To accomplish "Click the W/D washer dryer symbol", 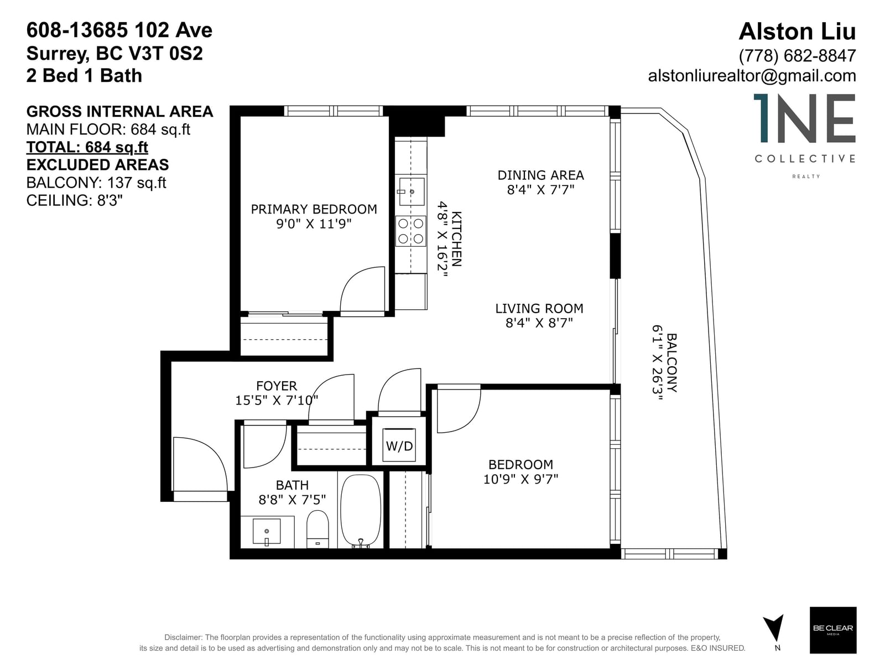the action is [399, 445].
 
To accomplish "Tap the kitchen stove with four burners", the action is [410, 231].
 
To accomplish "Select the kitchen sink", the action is [412, 191].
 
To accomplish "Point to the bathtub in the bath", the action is [361, 511].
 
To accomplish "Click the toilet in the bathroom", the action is [317, 530].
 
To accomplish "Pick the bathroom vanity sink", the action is [266, 532].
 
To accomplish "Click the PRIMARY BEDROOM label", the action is [314, 209].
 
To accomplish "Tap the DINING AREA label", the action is [540, 175].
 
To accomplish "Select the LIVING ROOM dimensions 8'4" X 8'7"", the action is [539, 323].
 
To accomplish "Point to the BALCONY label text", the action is [671, 362].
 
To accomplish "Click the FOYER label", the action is [277, 386].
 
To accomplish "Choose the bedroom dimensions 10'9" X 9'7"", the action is [520, 479].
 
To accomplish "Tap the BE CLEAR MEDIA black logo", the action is [833, 630].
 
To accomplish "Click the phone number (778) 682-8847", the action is [797, 56].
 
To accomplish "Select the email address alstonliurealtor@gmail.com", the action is [752, 76].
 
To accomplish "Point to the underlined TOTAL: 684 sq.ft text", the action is [87, 147].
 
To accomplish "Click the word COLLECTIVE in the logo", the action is [805, 158].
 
